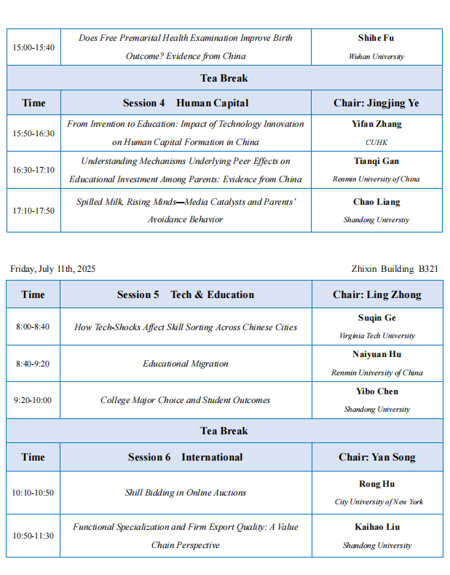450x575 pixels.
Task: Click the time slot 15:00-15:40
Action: point(33,47)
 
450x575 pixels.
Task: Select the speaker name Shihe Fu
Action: point(376,38)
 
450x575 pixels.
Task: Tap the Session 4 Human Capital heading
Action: point(186,103)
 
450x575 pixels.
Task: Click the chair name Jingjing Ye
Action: point(376,103)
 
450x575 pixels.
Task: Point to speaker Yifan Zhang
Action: point(376,124)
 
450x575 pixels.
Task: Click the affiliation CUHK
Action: point(376,142)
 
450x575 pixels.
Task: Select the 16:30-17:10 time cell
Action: point(33,170)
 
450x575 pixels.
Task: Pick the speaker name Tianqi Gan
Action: point(376,161)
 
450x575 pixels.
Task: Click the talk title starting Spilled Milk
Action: point(186,211)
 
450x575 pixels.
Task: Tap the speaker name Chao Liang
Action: point(376,202)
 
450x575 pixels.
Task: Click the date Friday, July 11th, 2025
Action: point(52,269)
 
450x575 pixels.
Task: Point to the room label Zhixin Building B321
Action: point(394,269)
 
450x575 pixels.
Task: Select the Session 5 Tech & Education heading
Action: point(186,294)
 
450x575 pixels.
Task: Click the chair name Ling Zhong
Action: point(376,294)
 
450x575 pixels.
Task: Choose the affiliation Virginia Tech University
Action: point(376,336)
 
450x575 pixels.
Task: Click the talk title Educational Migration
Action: point(186,364)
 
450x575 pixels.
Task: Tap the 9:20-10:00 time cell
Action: point(33,400)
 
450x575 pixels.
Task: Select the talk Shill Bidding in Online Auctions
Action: point(186,493)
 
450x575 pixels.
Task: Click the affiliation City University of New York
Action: point(379,501)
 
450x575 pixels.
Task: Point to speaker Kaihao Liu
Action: point(377,527)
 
